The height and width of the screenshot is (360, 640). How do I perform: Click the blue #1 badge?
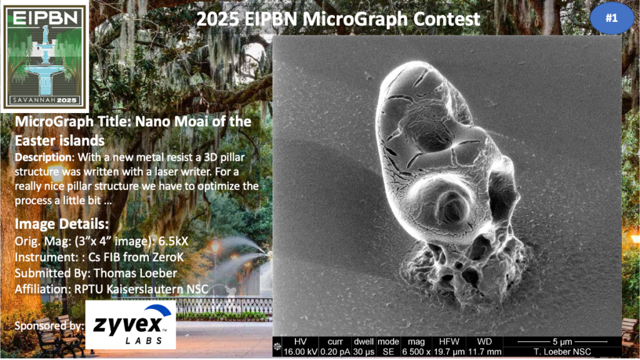(x=611, y=18)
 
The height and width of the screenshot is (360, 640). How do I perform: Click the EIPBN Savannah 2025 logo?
(x=44, y=56)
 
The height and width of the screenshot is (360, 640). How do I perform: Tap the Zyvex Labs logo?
(x=131, y=325)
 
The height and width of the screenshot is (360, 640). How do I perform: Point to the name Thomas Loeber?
(x=135, y=273)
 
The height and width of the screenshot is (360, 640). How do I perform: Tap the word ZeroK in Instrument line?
(x=167, y=257)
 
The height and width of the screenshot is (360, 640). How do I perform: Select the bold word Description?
(x=44, y=157)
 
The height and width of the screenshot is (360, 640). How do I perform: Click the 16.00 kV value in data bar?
(x=300, y=352)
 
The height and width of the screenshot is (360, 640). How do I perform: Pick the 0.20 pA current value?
(x=335, y=352)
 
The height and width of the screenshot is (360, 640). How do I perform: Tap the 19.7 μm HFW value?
(x=449, y=352)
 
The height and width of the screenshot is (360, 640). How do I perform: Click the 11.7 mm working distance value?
(x=484, y=352)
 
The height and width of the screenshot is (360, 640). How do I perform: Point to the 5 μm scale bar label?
(x=562, y=342)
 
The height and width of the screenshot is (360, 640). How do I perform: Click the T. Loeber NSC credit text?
(x=562, y=352)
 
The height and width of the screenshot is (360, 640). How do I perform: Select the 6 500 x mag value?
(x=416, y=352)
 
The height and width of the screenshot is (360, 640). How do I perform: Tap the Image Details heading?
(x=62, y=224)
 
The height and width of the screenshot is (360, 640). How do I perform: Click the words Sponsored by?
(x=49, y=326)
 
